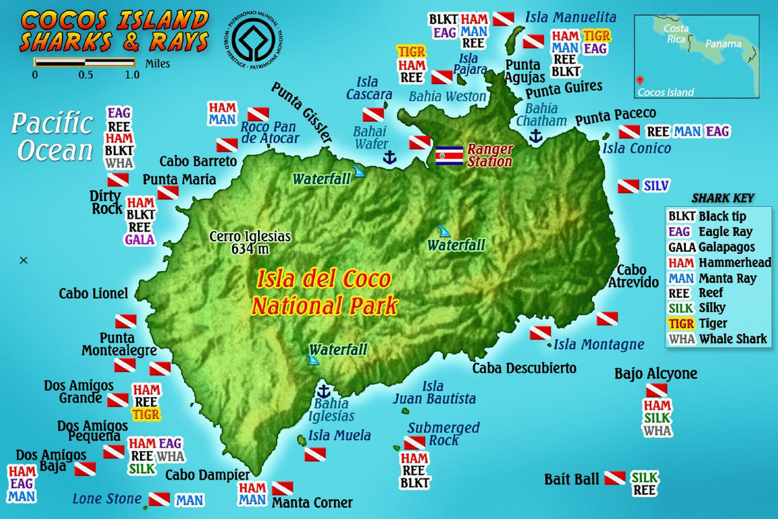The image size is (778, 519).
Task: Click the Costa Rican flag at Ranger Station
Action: point(449,156)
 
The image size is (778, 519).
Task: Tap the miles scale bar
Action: point(84,62)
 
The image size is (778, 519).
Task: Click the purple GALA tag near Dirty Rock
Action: point(140,239)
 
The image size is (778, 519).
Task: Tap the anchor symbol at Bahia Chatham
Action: point(536,136)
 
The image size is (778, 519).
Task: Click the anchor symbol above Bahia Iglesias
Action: point(322,391)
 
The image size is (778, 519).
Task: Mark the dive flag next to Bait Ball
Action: point(615,479)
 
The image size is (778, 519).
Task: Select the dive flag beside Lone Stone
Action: point(159,500)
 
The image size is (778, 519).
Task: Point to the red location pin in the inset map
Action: point(641,80)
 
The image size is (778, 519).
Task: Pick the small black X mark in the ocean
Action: point(24,260)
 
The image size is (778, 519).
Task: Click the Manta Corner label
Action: point(312,503)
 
